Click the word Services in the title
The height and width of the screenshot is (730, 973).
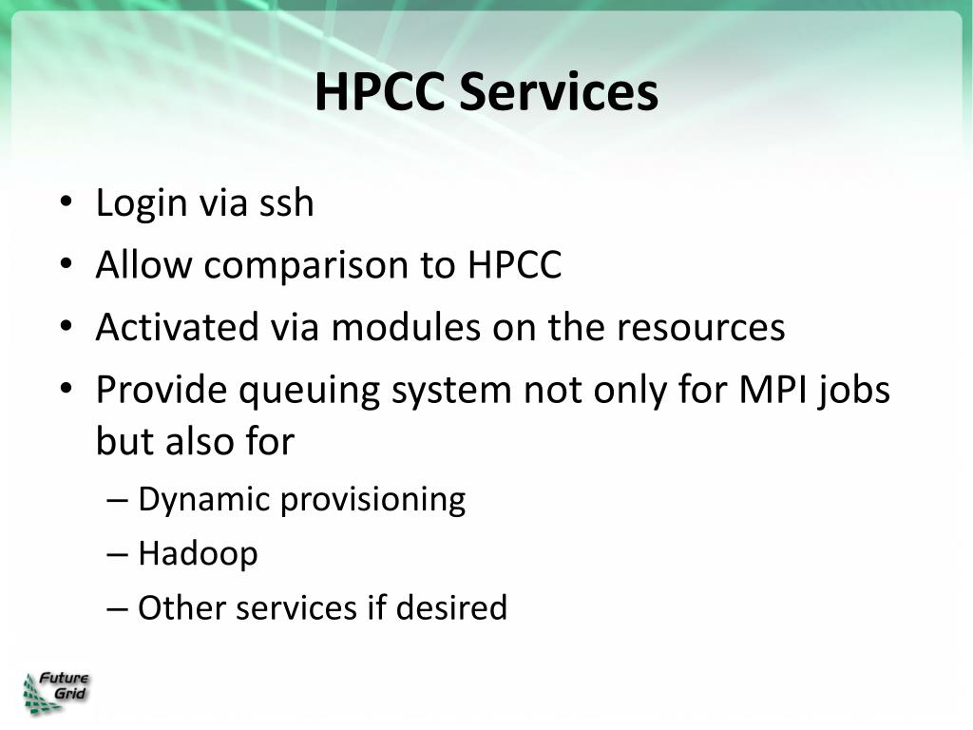559,91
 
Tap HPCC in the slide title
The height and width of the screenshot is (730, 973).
380,91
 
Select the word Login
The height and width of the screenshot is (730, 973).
142,204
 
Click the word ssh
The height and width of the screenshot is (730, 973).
286,203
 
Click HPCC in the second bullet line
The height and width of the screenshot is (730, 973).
514,265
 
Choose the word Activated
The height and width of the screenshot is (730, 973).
177,327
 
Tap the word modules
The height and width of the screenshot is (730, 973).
406,327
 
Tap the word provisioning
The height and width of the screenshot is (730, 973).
372,500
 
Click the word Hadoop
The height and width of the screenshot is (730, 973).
198,554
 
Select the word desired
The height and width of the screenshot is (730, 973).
451,607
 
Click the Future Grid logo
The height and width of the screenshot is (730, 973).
56,693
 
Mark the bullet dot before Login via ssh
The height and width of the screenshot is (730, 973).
67,202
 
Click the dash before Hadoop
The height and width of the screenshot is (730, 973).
117,554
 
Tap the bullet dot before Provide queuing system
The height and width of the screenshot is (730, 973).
67,389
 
